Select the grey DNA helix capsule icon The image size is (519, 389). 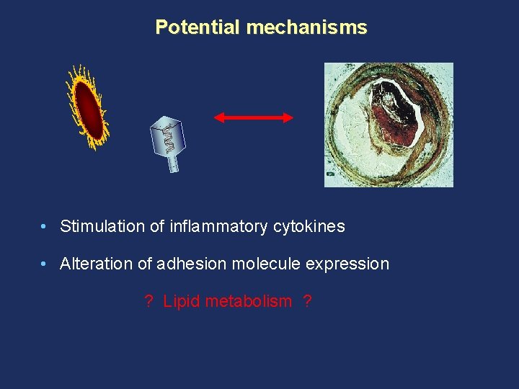pos(168,140)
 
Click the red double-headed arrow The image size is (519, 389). pos(254,117)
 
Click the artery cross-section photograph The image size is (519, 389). pos(389,125)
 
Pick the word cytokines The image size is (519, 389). pos(309,226)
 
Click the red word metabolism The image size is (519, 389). pos(249,301)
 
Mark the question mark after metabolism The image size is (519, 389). pos(308,301)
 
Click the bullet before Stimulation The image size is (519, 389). pos(45,226)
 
